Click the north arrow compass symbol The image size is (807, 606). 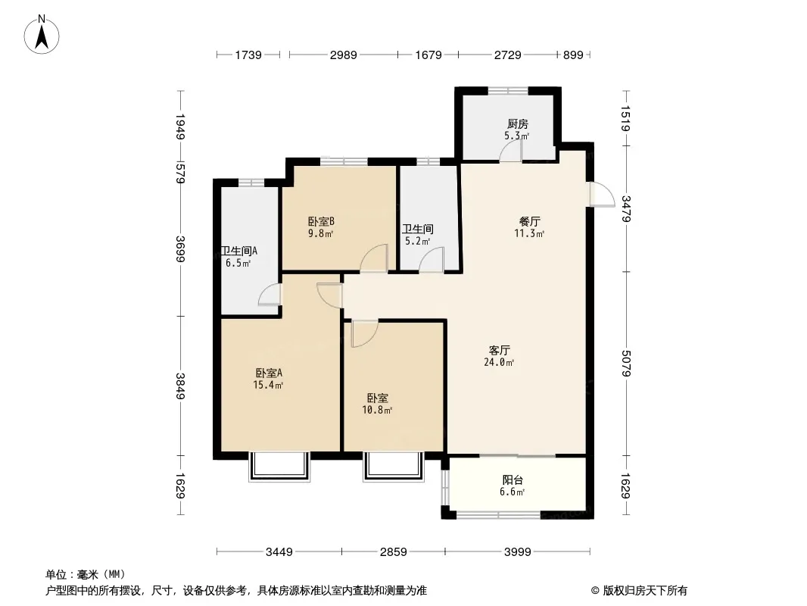tap(42, 35)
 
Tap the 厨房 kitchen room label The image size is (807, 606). tap(517, 123)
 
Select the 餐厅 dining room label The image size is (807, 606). tap(529, 221)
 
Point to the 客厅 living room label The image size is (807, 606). tap(499, 350)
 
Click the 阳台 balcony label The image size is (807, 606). tap(513, 479)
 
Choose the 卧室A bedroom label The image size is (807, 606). tap(269, 373)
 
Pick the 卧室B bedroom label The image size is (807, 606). tap(321, 221)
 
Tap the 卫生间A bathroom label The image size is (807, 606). tap(239, 251)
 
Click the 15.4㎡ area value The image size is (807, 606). tap(268, 385)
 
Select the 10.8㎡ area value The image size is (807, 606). tap(377, 410)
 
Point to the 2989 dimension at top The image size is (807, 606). tap(343, 55)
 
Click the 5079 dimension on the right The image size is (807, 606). tap(626, 364)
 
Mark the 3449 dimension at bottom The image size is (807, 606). tap(279, 552)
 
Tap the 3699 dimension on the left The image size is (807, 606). tap(180, 249)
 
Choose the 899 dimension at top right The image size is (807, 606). tap(573, 55)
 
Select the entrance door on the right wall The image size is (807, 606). tap(602, 194)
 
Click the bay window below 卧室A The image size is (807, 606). tap(279, 467)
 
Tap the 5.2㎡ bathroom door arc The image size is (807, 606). tap(432, 259)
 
